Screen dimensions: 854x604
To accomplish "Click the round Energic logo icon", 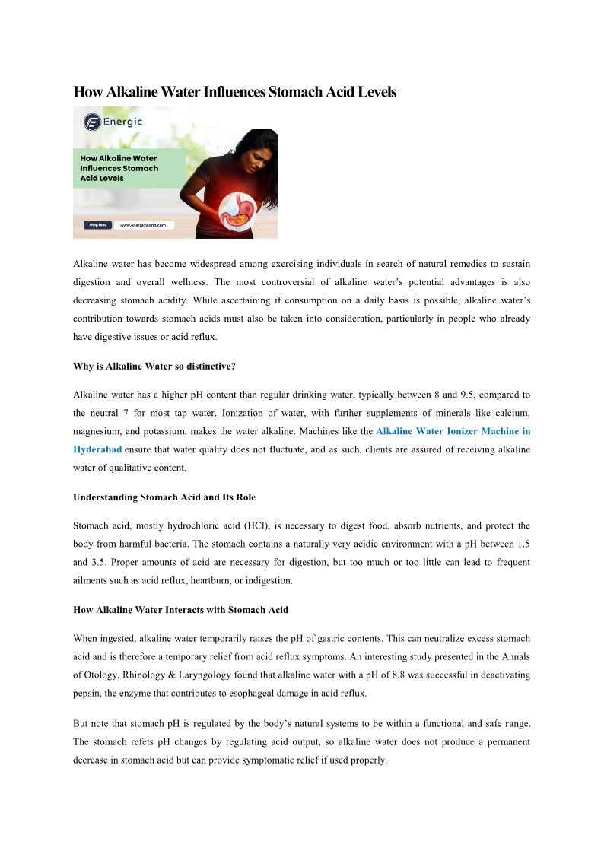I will point(92,122).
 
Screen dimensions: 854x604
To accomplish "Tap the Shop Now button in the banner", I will point(97,225).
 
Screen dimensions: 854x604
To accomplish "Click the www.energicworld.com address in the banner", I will point(143,225).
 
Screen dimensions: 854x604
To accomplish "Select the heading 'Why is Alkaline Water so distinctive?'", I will point(154,367).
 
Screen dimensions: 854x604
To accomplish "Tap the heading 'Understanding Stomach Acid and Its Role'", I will point(164,497).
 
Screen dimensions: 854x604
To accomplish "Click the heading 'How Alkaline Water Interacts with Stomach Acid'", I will point(180,610).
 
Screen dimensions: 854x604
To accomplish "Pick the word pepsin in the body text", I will point(87,693).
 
